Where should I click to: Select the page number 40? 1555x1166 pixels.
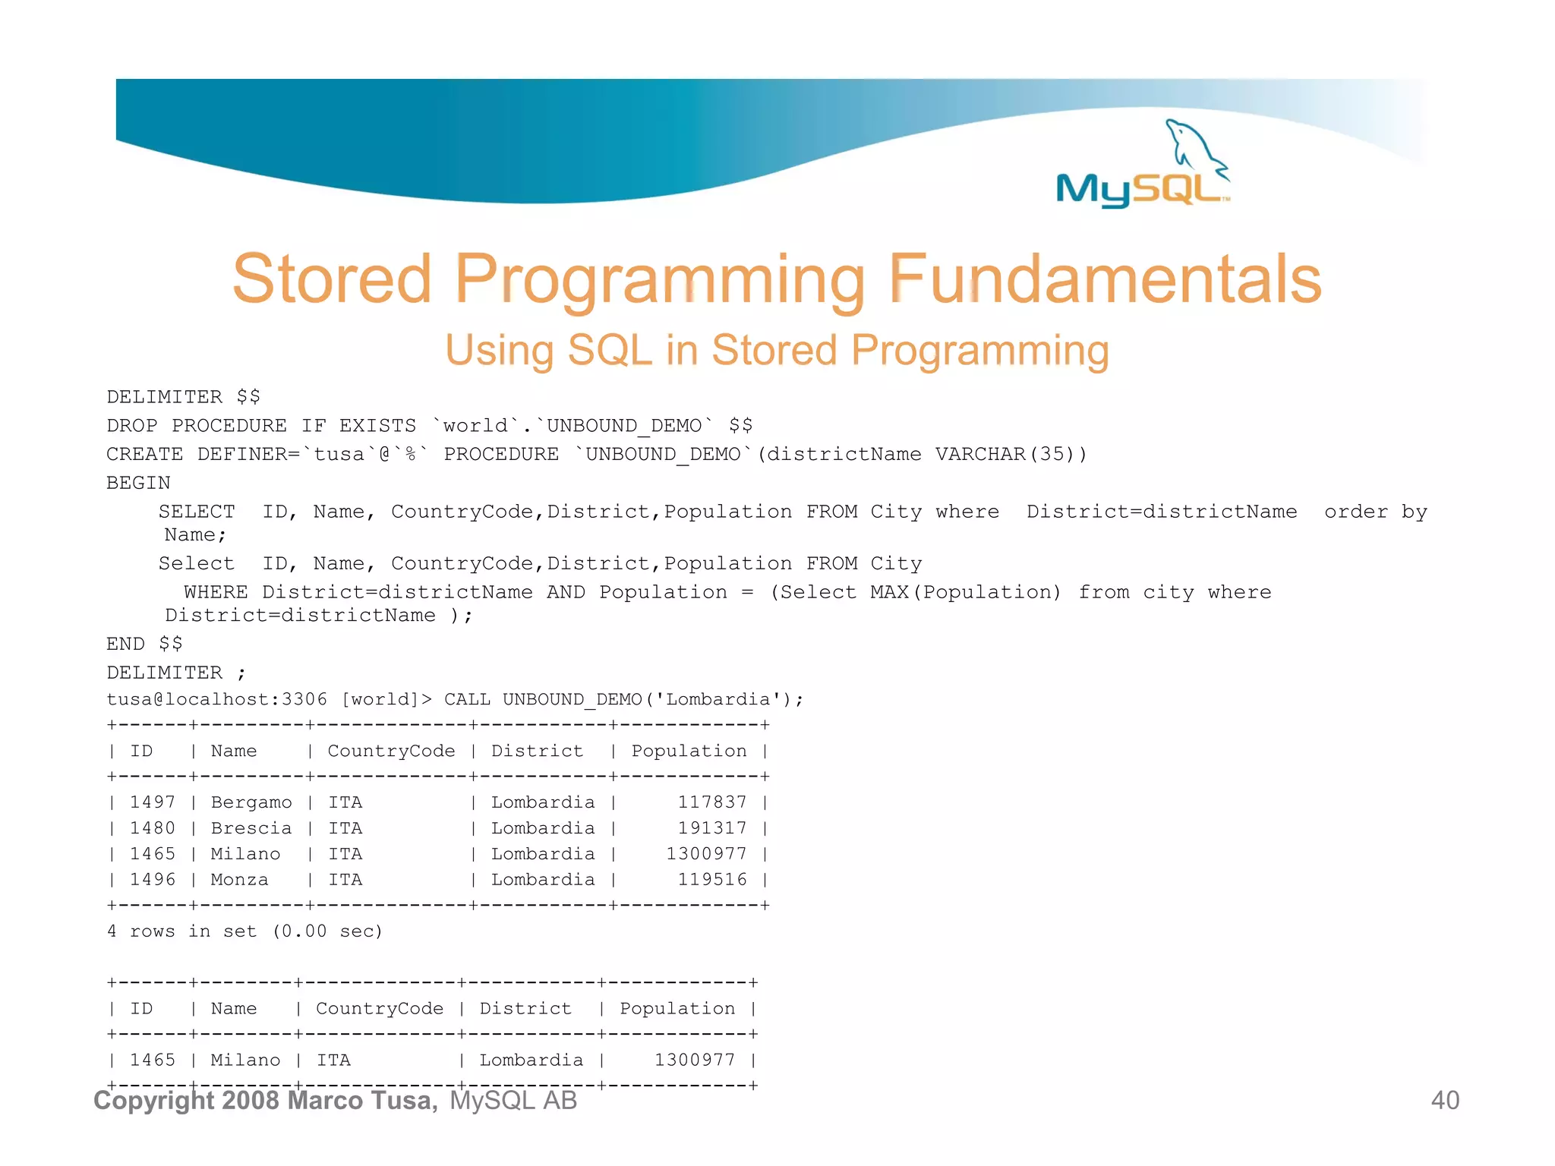pyautogui.click(x=1444, y=1100)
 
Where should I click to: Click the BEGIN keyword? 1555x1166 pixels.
pyautogui.click(x=138, y=483)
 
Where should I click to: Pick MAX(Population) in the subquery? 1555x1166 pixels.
pyautogui.click(x=965, y=592)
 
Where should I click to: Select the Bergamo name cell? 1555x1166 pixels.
pyautogui.click(x=251, y=802)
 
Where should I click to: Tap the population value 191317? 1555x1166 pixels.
pyautogui.click(x=711, y=828)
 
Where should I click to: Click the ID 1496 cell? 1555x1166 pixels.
pyautogui.click(x=152, y=880)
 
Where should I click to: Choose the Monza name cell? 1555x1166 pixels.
pyautogui.click(x=239, y=880)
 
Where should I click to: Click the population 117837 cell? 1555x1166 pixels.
pyautogui.click(x=711, y=802)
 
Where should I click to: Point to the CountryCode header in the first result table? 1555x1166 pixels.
pyautogui.click(x=391, y=751)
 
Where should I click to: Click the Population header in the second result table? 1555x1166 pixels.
pyautogui.click(x=677, y=1008)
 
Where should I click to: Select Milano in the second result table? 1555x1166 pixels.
pyautogui.click(x=245, y=1060)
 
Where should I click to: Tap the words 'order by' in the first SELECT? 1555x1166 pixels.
pyautogui.click(x=1375, y=512)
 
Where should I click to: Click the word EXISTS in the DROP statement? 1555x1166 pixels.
pyautogui.click(x=377, y=425)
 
